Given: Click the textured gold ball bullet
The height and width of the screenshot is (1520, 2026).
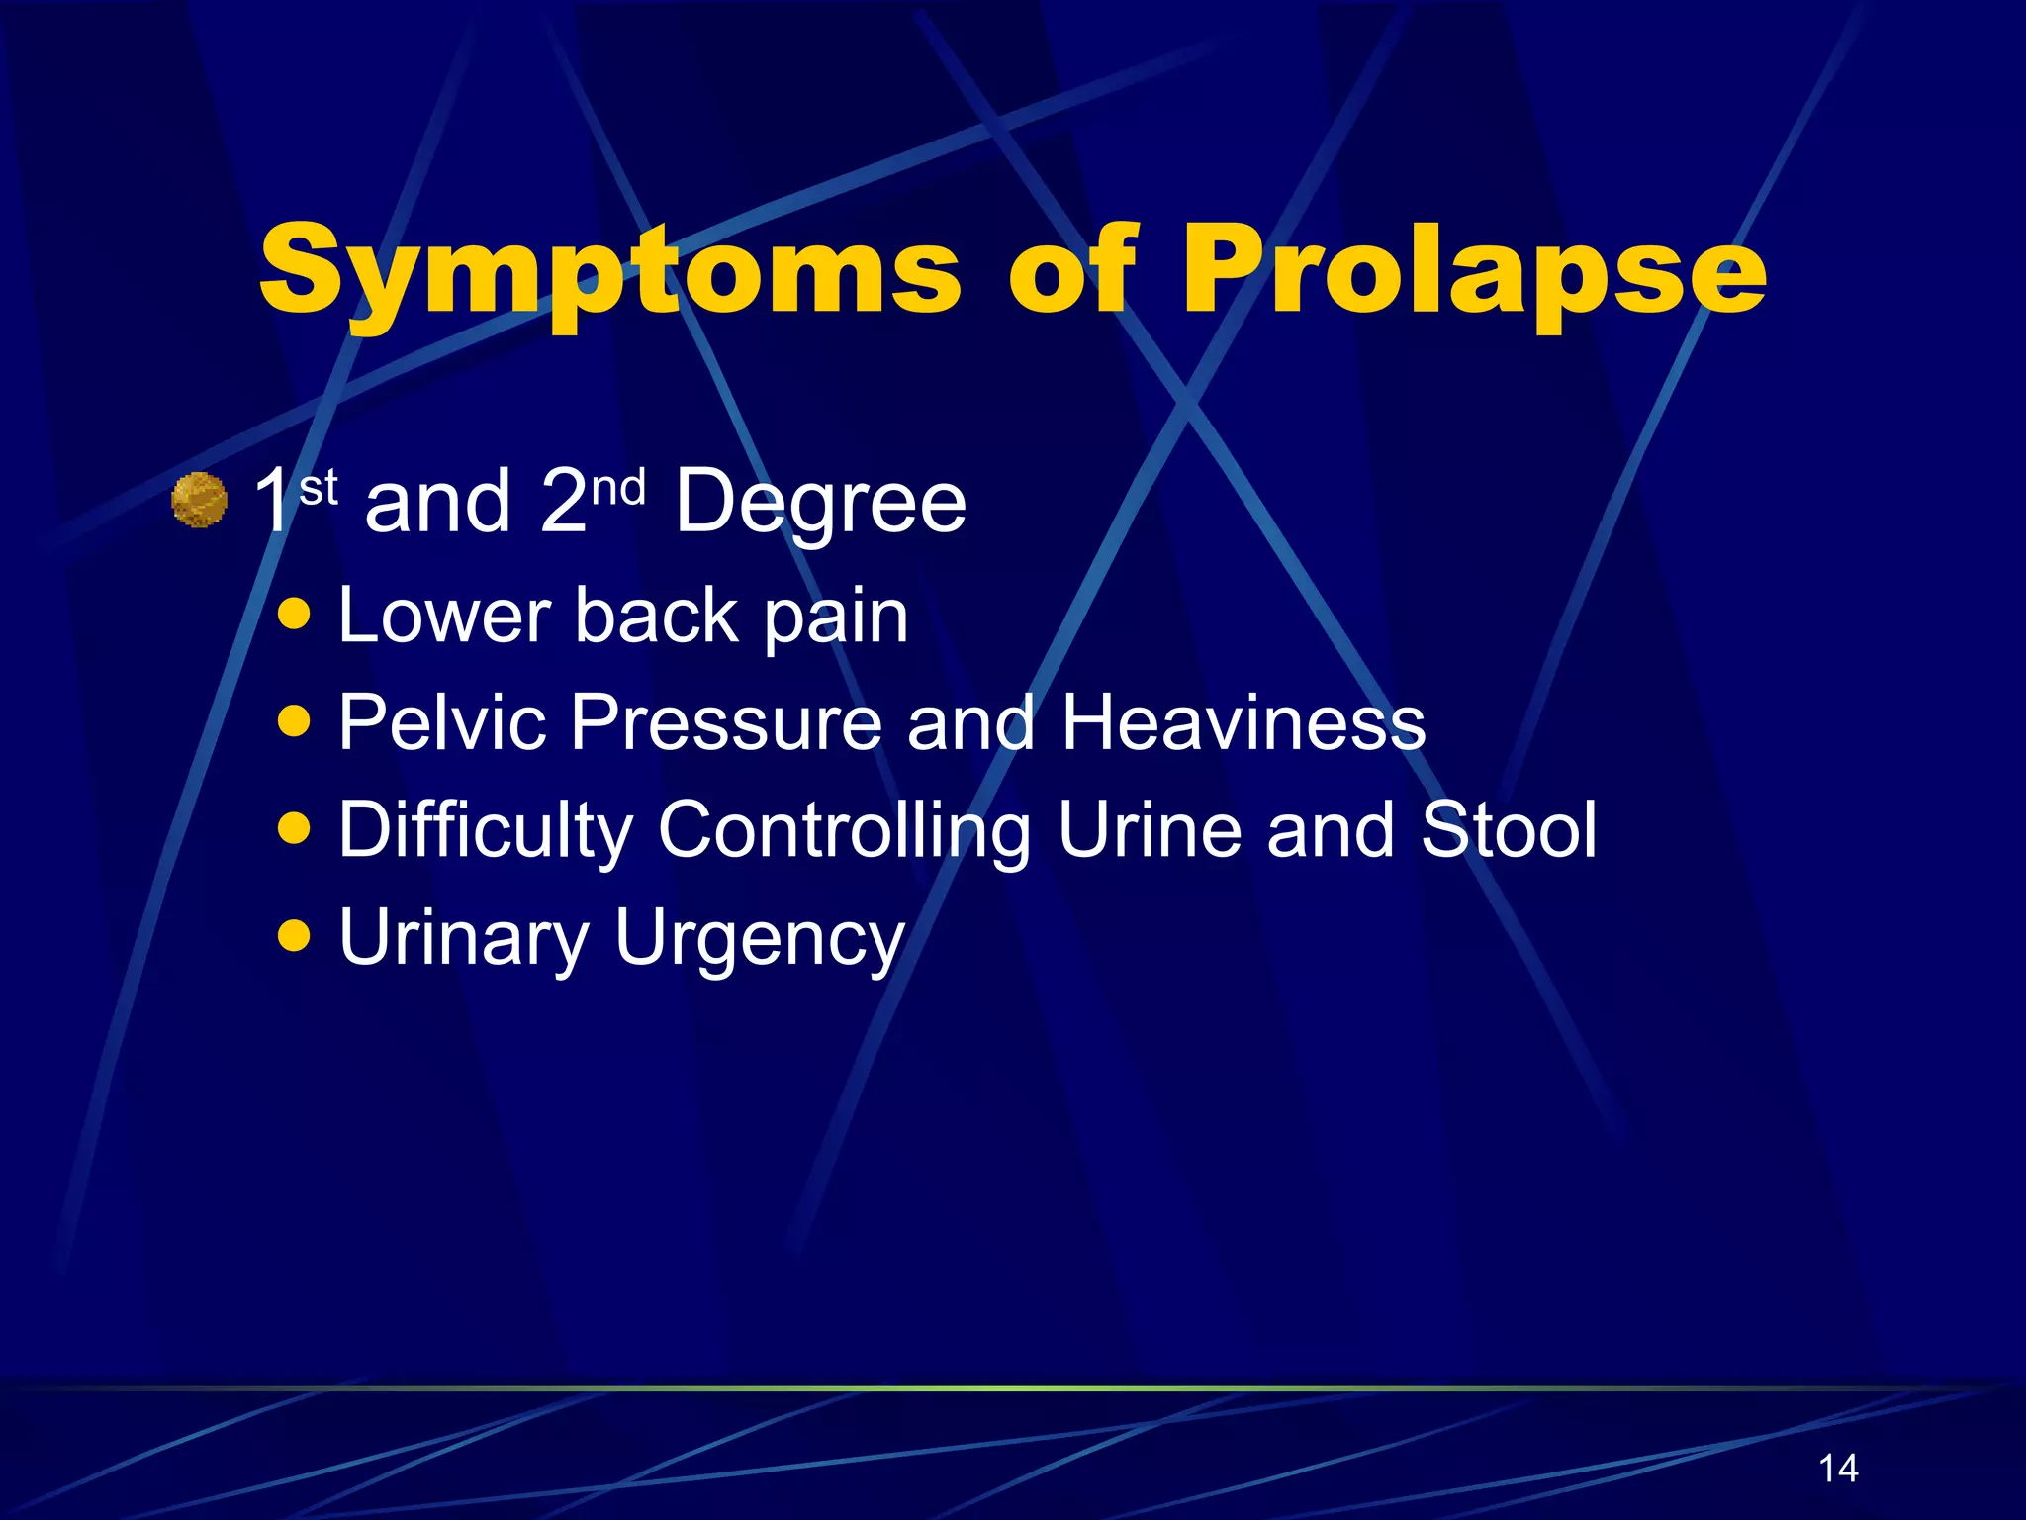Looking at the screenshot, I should pyautogui.click(x=200, y=501).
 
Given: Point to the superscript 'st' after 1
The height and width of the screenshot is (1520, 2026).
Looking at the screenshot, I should pyautogui.click(x=319, y=488).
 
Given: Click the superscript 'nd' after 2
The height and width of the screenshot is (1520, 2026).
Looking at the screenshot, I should pyautogui.click(x=618, y=488).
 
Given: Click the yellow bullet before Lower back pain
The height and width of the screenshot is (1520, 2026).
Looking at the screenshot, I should pyautogui.click(x=295, y=614).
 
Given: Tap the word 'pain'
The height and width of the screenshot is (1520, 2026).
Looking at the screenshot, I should pyautogui.click(x=836, y=618).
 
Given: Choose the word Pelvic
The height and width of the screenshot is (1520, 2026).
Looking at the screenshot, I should pyautogui.click(x=441, y=721).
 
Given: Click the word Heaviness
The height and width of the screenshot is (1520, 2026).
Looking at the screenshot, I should pyautogui.click(x=1243, y=721).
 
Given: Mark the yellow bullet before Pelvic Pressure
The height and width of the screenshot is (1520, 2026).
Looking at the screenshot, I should pyautogui.click(x=295, y=721).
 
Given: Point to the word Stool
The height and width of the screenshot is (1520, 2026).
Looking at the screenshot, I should pyautogui.click(x=1509, y=828).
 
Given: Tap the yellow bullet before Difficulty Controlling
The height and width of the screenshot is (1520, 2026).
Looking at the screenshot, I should pyautogui.click(x=295, y=828).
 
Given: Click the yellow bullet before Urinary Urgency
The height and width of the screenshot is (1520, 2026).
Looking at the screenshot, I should pyautogui.click(x=295, y=935).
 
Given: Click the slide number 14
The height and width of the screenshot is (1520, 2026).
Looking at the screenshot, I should pyautogui.click(x=1838, y=1468).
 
